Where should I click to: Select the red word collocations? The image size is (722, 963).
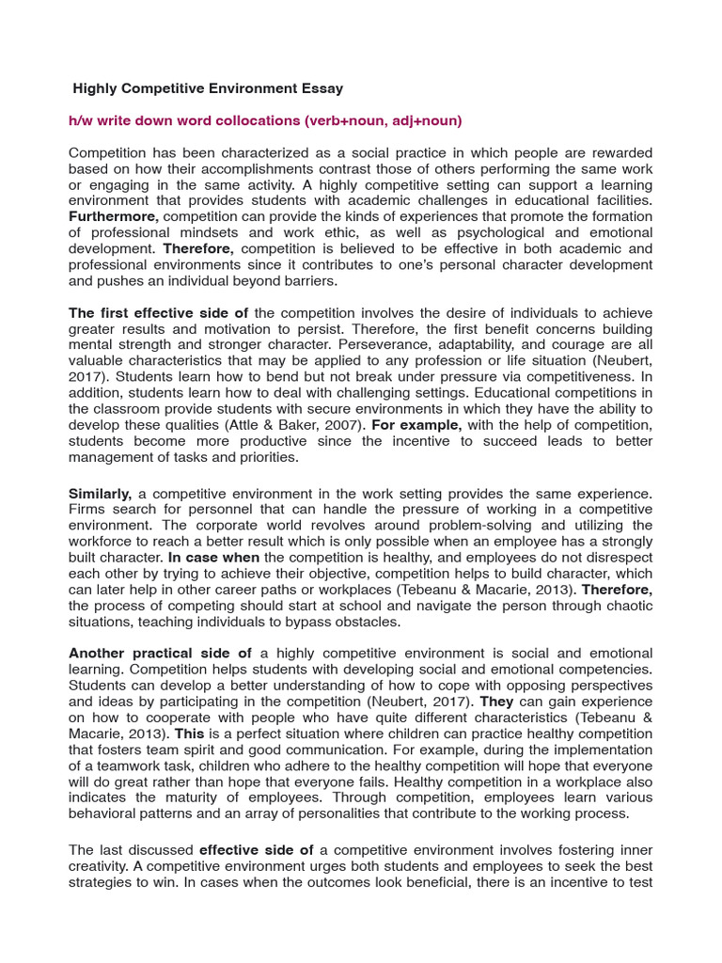pos(255,121)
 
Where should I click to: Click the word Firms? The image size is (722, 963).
pos(88,510)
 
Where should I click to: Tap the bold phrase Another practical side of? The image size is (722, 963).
pos(160,654)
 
